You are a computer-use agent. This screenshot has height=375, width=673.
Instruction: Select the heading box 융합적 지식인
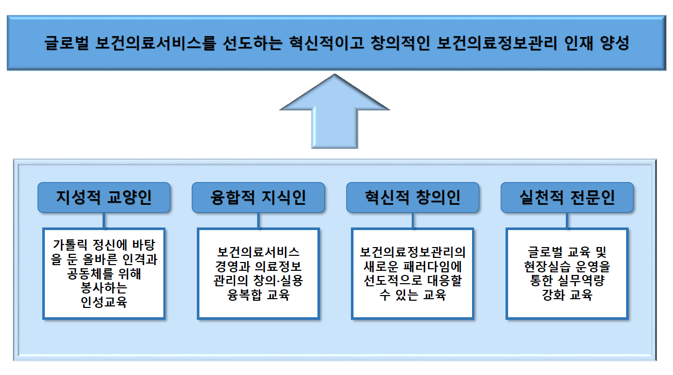(258, 198)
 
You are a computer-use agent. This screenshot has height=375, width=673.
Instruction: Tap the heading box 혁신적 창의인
(412, 198)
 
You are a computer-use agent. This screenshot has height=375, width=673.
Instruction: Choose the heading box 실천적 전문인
(567, 198)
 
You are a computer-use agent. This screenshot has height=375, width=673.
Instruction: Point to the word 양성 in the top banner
(615, 43)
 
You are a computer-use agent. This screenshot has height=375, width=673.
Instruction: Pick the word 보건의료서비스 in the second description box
(258, 253)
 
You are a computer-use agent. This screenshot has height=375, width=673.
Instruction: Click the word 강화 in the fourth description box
(553, 296)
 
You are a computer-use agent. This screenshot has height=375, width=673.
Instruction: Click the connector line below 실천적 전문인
(567, 220)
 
